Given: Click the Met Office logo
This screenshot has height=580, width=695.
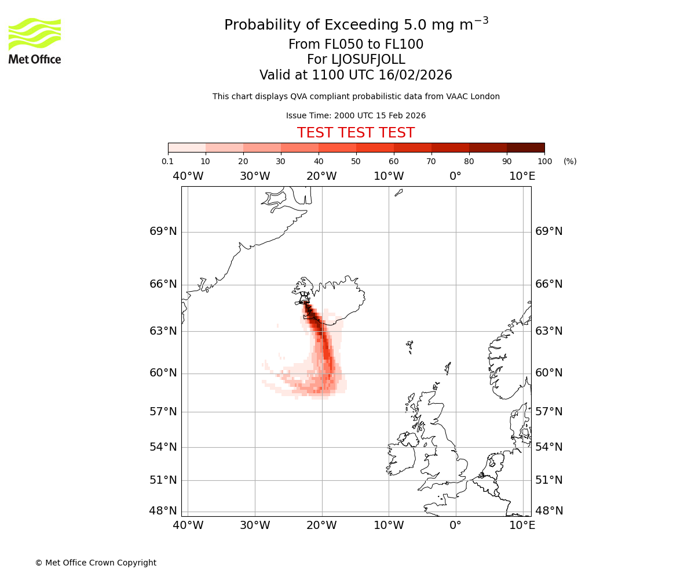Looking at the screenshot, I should pyautogui.click(x=35, y=41).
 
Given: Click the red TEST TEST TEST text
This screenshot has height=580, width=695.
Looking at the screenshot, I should pyautogui.click(x=356, y=133).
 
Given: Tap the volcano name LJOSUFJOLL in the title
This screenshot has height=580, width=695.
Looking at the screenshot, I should pyautogui.click(x=368, y=60).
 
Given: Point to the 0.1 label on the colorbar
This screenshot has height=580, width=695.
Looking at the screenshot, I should pyautogui.click(x=167, y=161).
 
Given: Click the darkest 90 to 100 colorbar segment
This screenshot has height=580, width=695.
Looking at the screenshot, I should pyautogui.click(x=525, y=147).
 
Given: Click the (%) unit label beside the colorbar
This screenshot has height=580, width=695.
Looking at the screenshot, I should pyautogui.click(x=570, y=161).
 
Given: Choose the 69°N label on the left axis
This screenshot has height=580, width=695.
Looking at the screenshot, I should pyautogui.click(x=163, y=231).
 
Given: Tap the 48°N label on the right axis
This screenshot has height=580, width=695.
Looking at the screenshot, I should pyautogui.click(x=548, y=511).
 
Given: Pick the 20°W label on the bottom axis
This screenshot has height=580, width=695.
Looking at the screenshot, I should pyautogui.click(x=321, y=525).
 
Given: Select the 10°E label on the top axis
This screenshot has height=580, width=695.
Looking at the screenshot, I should pyautogui.click(x=522, y=176).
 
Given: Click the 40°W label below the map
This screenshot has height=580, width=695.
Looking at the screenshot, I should pyautogui.click(x=188, y=525).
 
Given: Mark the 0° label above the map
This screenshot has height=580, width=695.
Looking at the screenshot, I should pyautogui.click(x=455, y=176).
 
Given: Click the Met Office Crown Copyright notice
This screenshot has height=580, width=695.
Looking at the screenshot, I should pyautogui.click(x=96, y=563).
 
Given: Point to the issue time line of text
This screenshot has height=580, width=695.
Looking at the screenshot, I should pyautogui.click(x=356, y=115).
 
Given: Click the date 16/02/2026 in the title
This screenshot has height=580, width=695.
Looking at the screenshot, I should pyautogui.click(x=415, y=75).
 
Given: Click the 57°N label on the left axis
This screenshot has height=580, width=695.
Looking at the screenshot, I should pyautogui.click(x=163, y=412).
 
